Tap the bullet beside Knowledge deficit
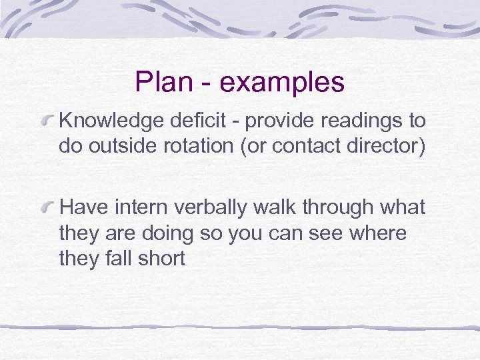coord(49,121)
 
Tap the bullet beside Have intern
coord(49,208)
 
